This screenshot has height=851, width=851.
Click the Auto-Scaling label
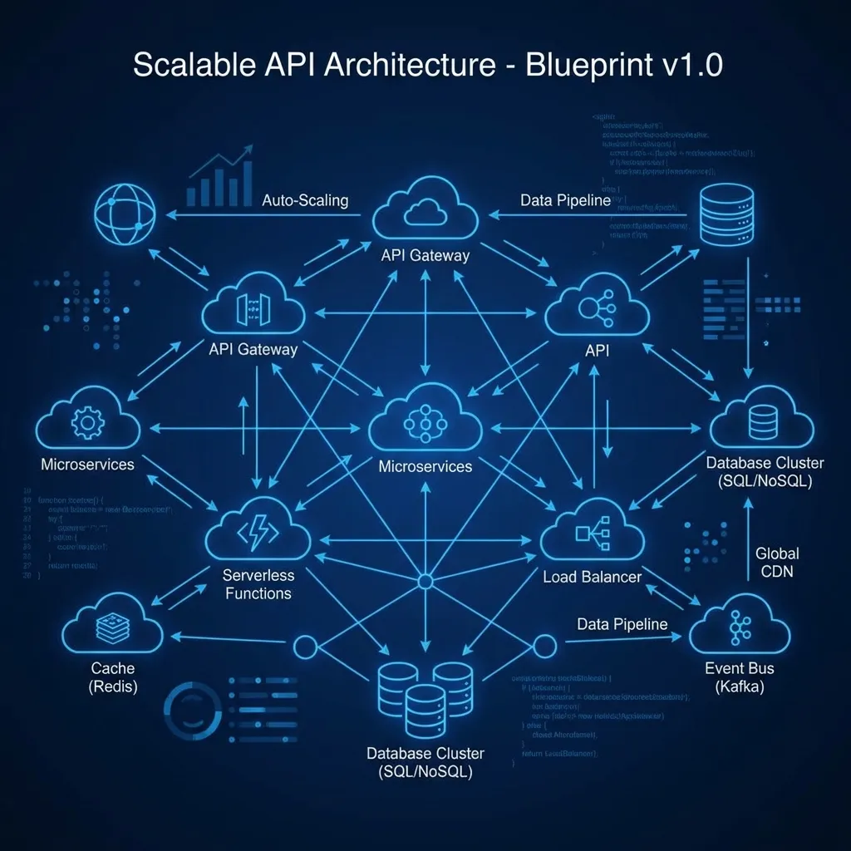coord(304,201)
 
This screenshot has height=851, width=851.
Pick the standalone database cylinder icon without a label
coord(726,213)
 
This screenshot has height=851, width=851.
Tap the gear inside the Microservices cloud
coord(87,422)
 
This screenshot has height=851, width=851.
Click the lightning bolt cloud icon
coord(258,532)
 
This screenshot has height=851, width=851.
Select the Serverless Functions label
coord(257,584)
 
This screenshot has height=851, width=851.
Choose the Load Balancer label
coord(592,576)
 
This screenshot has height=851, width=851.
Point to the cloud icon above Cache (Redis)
coord(112,630)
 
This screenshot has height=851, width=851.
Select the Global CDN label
coord(777,563)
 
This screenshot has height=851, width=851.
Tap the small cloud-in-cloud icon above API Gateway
coord(425,213)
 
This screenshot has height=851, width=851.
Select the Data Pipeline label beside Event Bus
coord(622,624)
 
